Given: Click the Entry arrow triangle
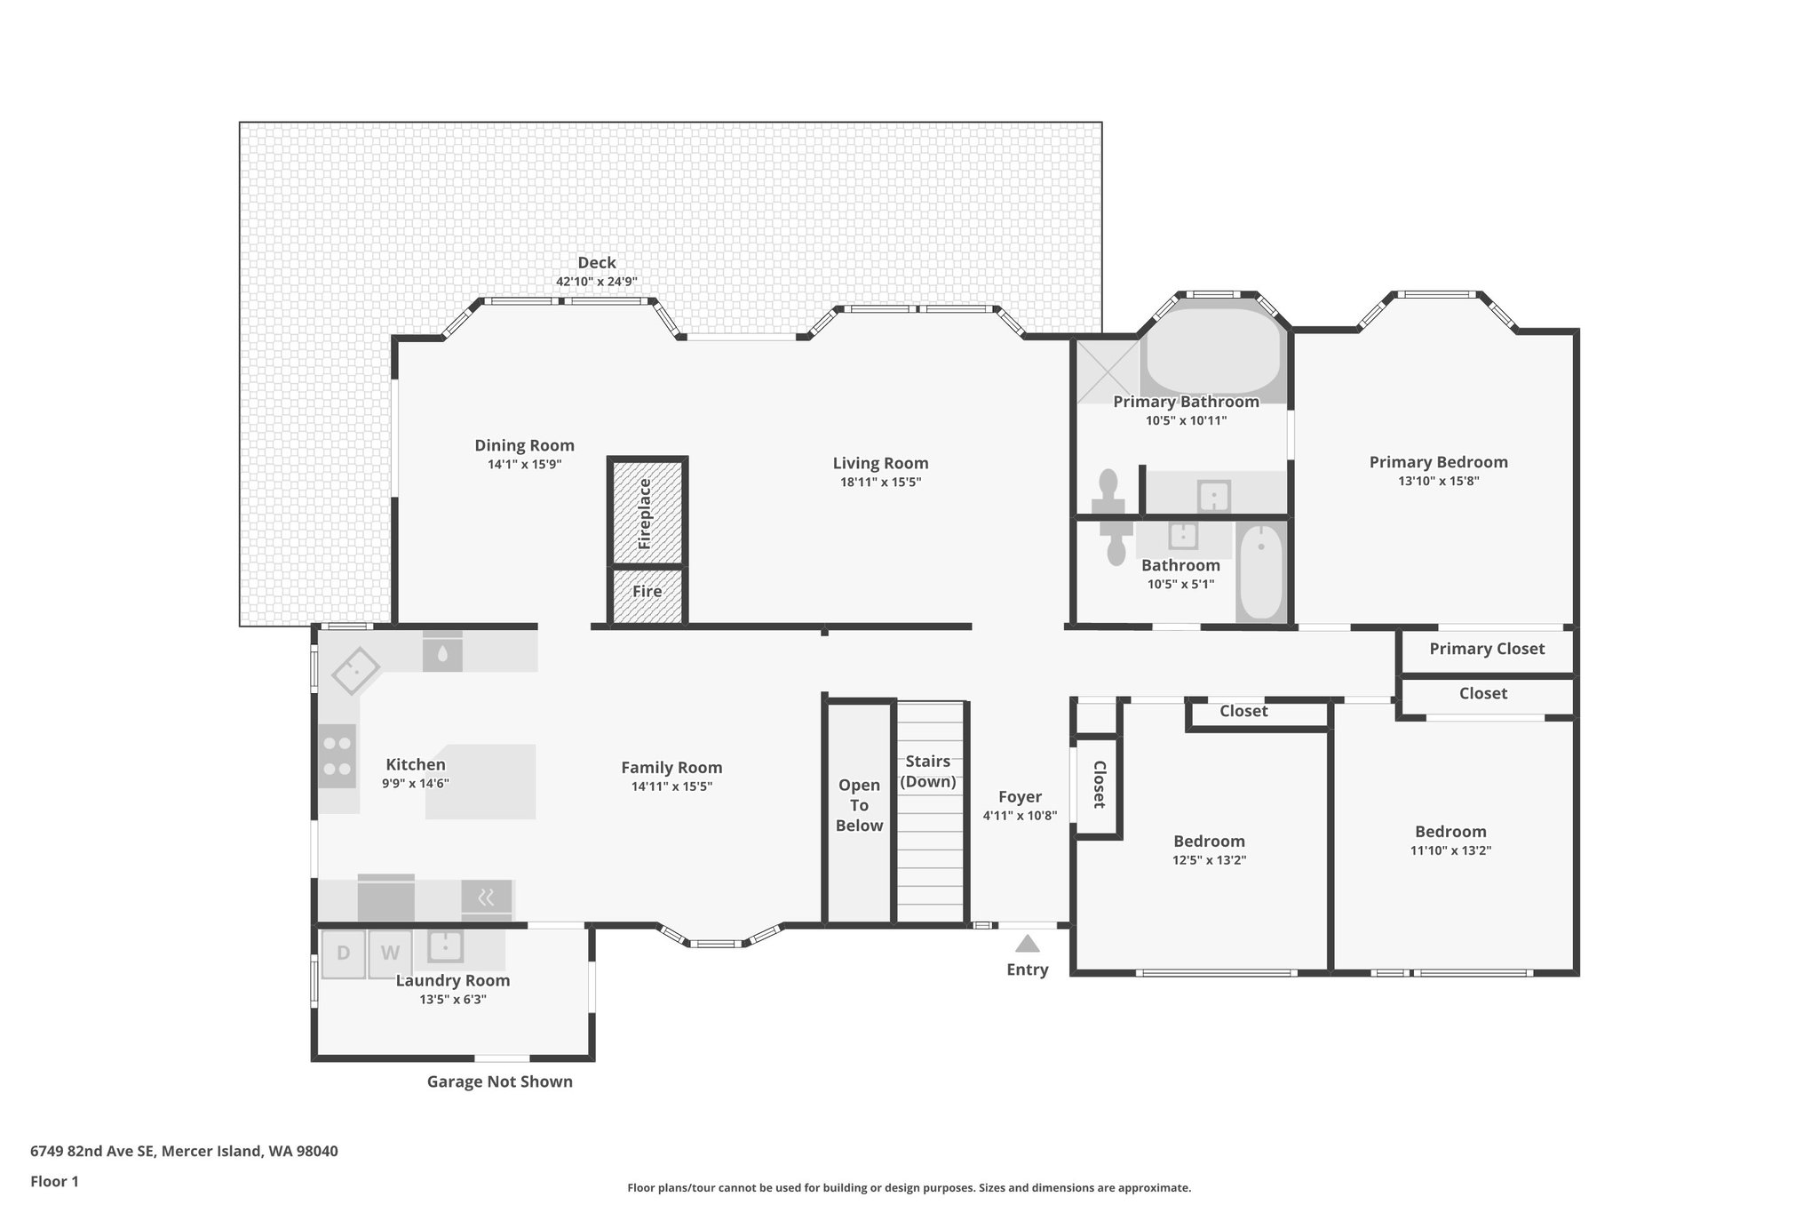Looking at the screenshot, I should pyautogui.click(x=1028, y=944).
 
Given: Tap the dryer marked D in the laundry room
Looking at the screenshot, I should pyautogui.click(x=343, y=954).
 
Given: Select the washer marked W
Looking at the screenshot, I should pyautogui.click(x=390, y=954).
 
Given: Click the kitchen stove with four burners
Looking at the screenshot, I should pyautogui.click(x=338, y=756).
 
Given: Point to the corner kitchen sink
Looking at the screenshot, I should pyautogui.click(x=355, y=671).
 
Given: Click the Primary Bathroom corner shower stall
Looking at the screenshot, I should pyautogui.click(x=1108, y=371).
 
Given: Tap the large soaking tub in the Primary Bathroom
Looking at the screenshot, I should pyautogui.click(x=1213, y=351).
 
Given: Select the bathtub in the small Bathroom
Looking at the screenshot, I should pyautogui.click(x=1260, y=573).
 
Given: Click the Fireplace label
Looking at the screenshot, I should pyautogui.click(x=646, y=513).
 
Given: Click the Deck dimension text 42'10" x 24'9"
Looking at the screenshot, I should pyautogui.click(x=597, y=282).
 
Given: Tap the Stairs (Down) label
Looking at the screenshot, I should pyautogui.click(x=928, y=771).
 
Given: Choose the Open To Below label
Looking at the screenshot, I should pyautogui.click(x=859, y=805).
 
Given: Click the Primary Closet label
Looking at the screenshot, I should pyautogui.click(x=1487, y=649).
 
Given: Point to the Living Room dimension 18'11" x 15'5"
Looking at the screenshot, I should pyautogui.click(x=880, y=483).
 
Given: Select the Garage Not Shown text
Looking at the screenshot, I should pyautogui.click(x=499, y=1081).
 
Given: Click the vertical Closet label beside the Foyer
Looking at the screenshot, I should pyautogui.click(x=1099, y=785).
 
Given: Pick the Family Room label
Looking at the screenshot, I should pyautogui.click(x=671, y=768).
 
